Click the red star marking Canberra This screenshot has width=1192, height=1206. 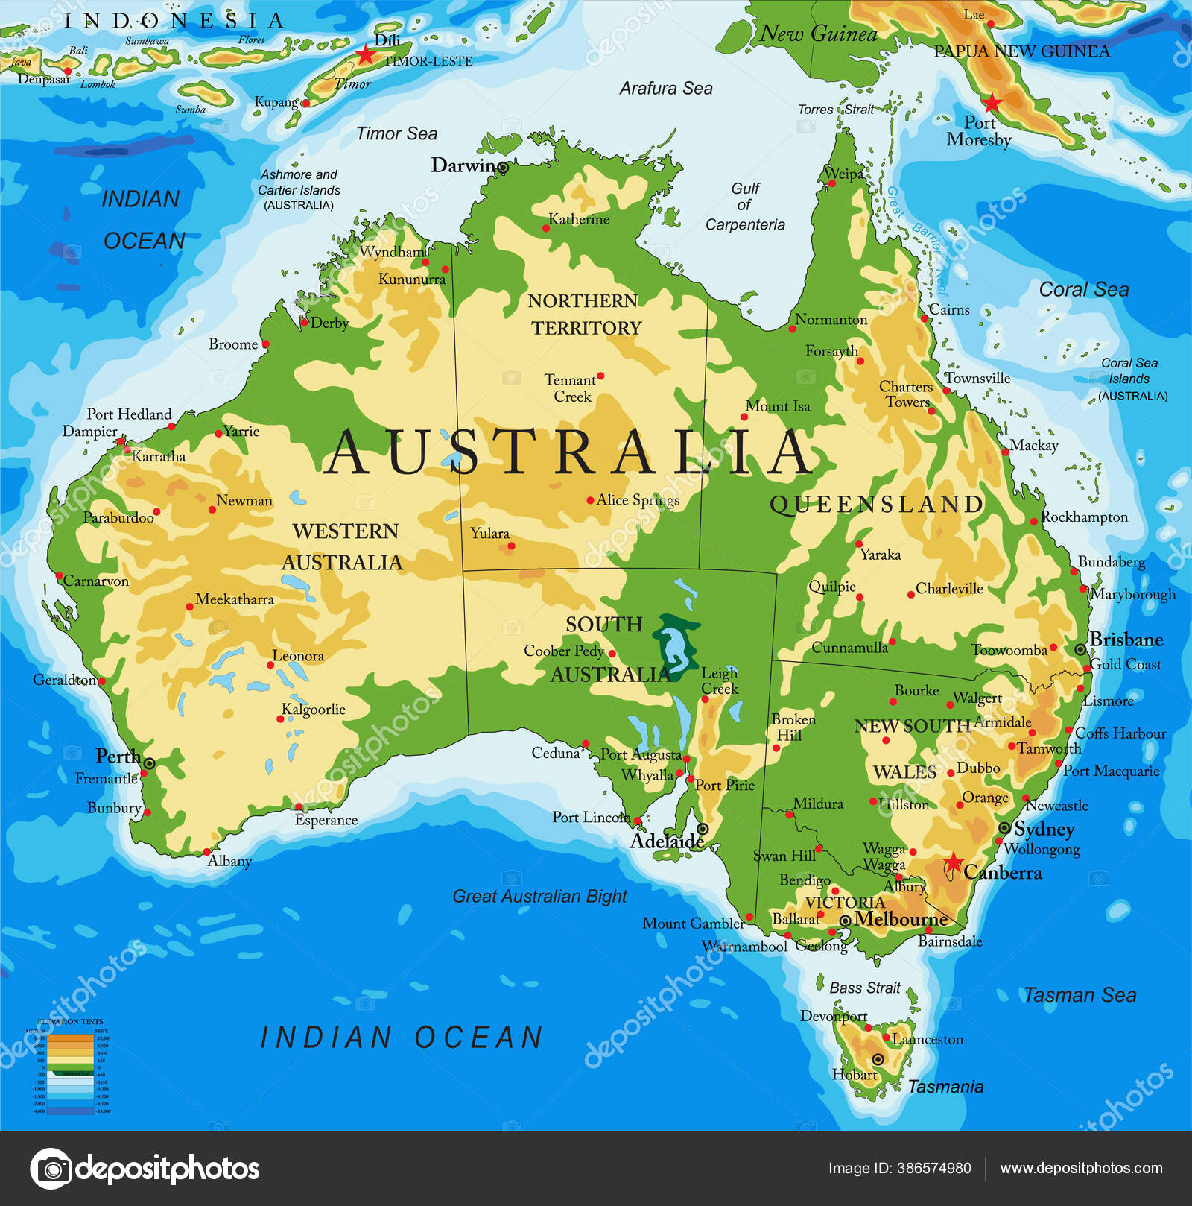[x=953, y=862]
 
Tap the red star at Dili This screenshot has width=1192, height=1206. [x=365, y=54]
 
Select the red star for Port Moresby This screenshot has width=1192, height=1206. [x=992, y=102]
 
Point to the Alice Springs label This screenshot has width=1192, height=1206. [x=638, y=500]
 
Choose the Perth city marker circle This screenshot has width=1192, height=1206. [x=149, y=763]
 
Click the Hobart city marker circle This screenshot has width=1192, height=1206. [x=878, y=1059]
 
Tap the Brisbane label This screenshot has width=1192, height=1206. [x=1126, y=640]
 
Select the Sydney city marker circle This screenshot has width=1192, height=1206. [x=1004, y=828]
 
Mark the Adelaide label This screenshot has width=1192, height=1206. [x=667, y=841]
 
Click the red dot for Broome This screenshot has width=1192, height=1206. [x=266, y=344]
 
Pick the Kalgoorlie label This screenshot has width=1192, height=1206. [x=314, y=709]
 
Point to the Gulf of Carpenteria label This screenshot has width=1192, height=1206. [x=745, y=206]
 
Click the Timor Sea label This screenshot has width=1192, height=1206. [x=396, y=133]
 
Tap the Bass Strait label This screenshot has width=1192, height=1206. [x=865, y=988]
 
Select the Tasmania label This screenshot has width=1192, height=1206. [x=945, y=1087]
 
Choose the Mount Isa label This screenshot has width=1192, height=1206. [x=778, y=406]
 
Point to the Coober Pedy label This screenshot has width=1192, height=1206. [x=564, y=651]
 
